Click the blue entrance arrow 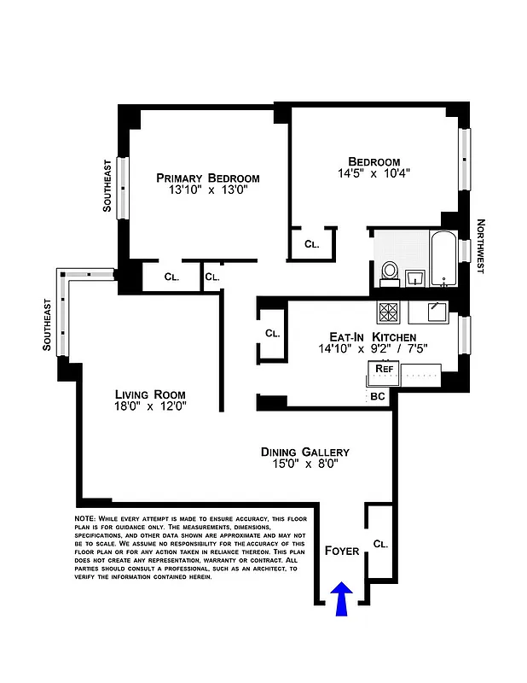[341, 598]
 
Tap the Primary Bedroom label [207, 178]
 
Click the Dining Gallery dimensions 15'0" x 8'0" [304, 465]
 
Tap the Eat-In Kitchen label [373, 337]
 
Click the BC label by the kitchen [379, 396]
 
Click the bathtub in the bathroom [443, 259]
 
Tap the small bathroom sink [415, 277]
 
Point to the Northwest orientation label [480, 247]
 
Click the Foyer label [342, 551]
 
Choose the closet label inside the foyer [380, 543]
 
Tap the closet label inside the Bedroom [311, 244]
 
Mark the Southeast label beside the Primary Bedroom [107, 185]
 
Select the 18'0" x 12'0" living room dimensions [150, 406]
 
